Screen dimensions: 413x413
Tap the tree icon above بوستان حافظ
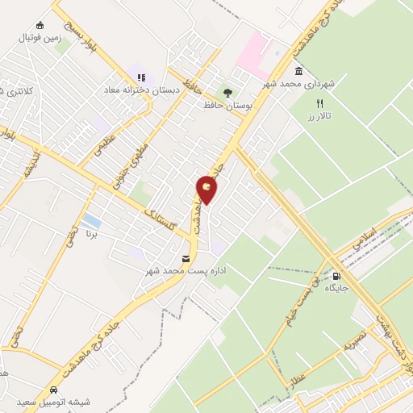[x=227, y=92]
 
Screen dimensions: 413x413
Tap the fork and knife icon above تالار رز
[x=320, y=103]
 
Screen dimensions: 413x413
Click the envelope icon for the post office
[x=187, y=259]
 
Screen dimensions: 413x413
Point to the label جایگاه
[x=336, y=287]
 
